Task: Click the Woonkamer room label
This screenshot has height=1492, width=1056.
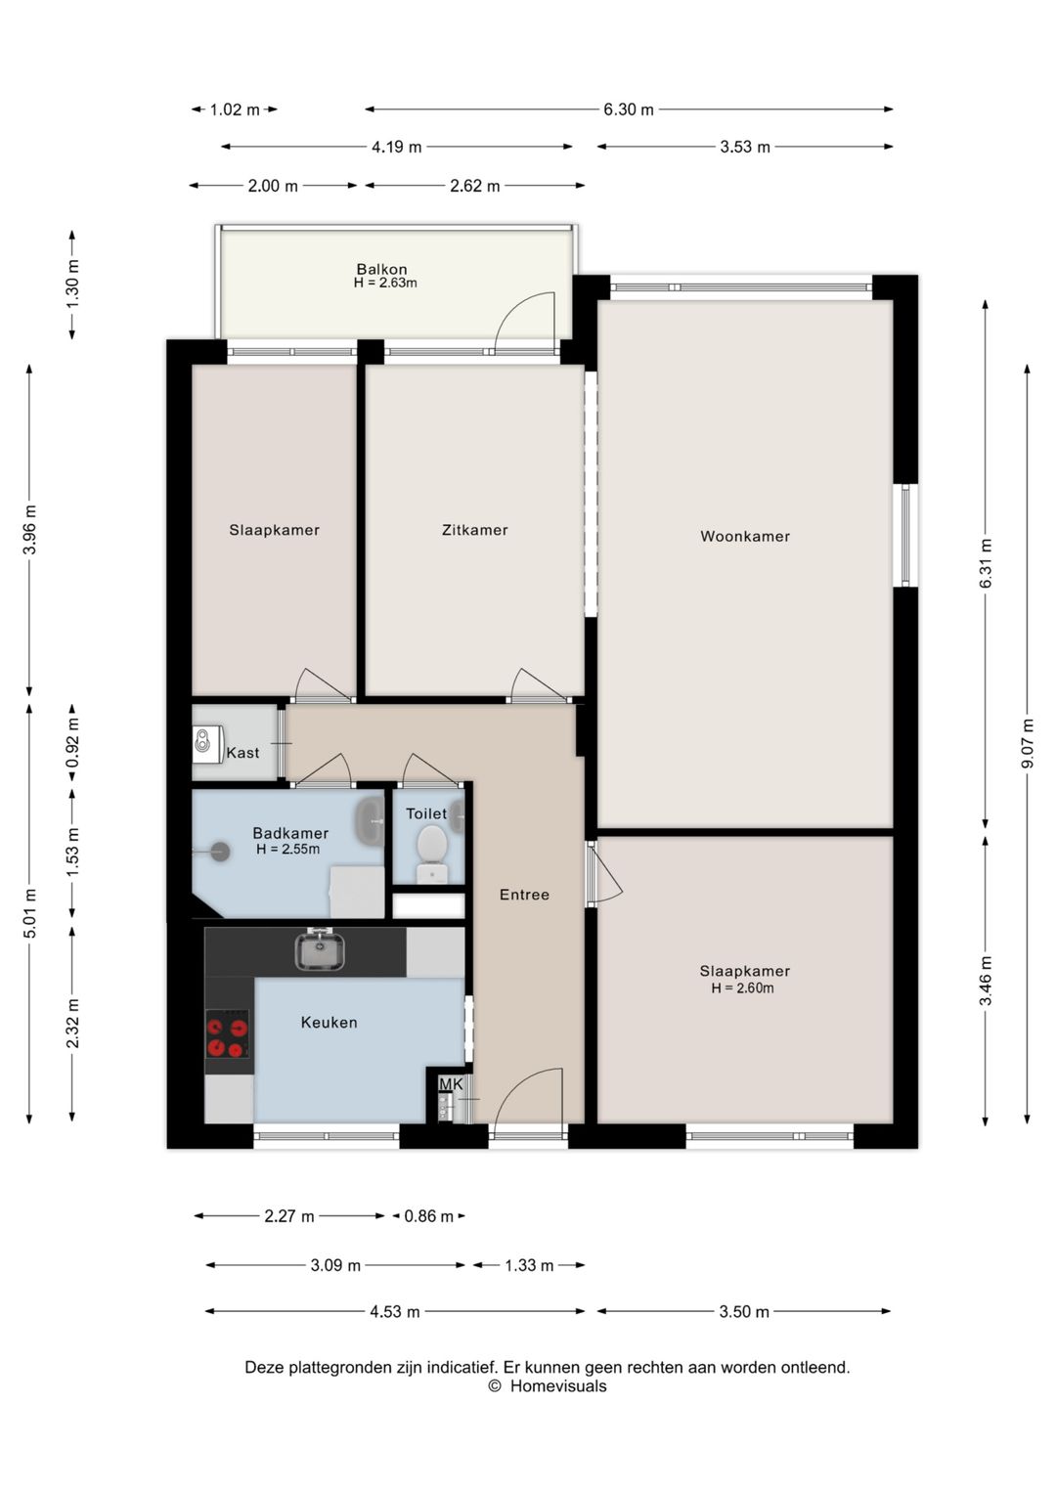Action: tap(745, 536)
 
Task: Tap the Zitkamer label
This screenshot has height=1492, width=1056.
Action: tap(474, 530)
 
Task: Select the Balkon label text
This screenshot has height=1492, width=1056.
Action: tap(381, 269)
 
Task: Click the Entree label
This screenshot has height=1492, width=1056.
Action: tap(524, 895)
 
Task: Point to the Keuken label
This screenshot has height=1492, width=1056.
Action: tap(330, 1022)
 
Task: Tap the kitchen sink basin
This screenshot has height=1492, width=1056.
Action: tap(320, 949)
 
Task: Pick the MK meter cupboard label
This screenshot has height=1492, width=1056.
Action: tap(451, 1084)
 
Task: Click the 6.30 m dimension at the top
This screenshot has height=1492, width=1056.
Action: tap(629, 110)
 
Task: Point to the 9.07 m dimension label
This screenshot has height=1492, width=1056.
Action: tap(1027, 743)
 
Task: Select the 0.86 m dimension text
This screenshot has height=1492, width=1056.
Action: tap(428, 1216)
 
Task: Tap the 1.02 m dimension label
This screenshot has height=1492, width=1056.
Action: tap(235, 110)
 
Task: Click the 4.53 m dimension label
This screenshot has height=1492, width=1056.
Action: tap(395, 1311)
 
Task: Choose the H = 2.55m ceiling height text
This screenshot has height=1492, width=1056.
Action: tap(287, 850)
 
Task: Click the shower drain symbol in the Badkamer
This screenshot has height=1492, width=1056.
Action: tap(221, 852)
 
